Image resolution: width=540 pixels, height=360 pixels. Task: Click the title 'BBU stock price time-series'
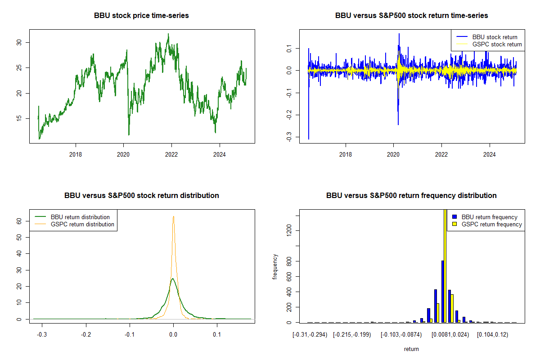[141, 15]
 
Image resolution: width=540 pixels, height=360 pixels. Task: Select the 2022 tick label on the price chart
[171, 154]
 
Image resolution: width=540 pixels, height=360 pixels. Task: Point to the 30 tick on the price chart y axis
[19, 42]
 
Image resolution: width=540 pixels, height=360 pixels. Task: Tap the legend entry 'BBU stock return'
[495, 37]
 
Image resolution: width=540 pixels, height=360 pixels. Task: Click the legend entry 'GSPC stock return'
[497, 45]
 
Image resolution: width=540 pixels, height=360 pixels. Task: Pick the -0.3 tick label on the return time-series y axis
[289, 137]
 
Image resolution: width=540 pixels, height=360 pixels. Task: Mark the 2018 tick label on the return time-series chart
[346, 154]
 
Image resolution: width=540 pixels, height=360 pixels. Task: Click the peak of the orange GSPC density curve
[173, 216]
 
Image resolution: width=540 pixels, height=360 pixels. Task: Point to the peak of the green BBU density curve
[173, 279]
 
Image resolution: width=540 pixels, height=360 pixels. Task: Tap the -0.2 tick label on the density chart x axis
[86, 334]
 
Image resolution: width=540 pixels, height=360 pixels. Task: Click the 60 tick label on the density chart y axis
[19, 221]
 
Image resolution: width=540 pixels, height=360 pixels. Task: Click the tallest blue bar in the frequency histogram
[443, 292]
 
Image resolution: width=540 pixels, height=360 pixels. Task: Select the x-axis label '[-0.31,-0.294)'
[310, 335]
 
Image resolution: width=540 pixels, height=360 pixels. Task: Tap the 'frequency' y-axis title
[275, 266]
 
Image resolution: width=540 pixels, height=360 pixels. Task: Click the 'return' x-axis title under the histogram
[411, 349]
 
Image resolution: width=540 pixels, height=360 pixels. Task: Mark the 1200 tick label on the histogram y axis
[289, 230]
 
